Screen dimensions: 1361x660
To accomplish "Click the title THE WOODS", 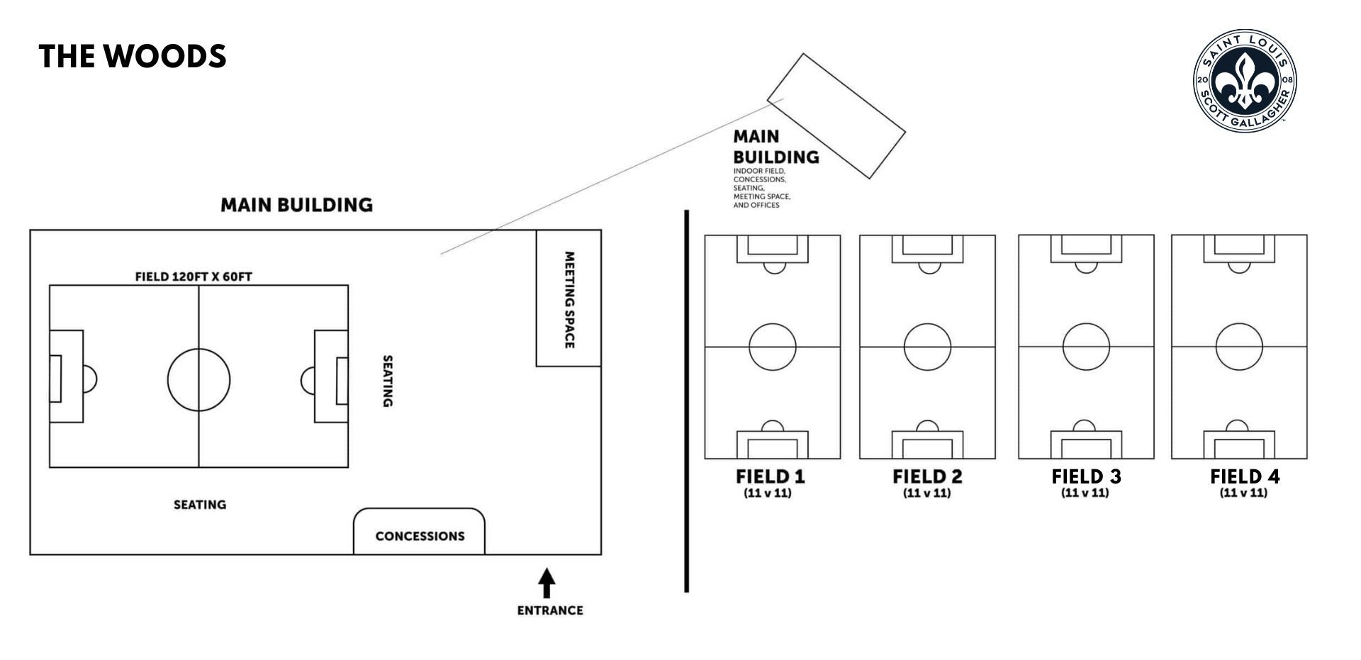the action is pyautogui.click(x=133, y=57).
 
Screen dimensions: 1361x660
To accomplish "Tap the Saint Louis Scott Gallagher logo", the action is pyautogui.click(x=1245, y=80).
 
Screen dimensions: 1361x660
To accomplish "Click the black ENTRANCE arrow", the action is pyautogui.click(x=547, y=583).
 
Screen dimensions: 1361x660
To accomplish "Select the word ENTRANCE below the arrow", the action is pyautogui.click(x=550, y=610).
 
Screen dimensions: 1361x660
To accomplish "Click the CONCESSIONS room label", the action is pyautogui.click(x=420, y=536).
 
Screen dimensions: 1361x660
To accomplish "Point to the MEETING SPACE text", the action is pyautogui.click(x=569, y=300).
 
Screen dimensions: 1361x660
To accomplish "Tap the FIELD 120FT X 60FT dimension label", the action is pyautogui.click(x=194, y=276).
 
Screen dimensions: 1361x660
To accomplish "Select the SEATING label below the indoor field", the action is pyautogui.click(x=200, y=505).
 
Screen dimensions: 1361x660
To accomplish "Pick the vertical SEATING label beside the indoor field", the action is pyautogui.click(x=388, y=381).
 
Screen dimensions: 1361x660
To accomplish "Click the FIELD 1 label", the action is pyautogui.click(x=771, y=476).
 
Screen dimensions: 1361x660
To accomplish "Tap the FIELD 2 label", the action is pyautogui.click(x=927, y=476).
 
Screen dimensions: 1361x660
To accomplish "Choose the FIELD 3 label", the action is pyautogui.click(x=1086, y=476).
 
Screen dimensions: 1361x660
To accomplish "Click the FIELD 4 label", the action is pyautogui.click(x=1245, y=476).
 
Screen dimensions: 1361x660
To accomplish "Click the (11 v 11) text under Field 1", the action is pyautogui.click(x=767, y=493).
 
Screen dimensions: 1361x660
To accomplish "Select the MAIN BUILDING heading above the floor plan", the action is pyautogui.click(x=296, y=205).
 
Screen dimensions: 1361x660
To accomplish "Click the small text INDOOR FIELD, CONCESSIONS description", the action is pyautogui.click(x=762, y=188).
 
